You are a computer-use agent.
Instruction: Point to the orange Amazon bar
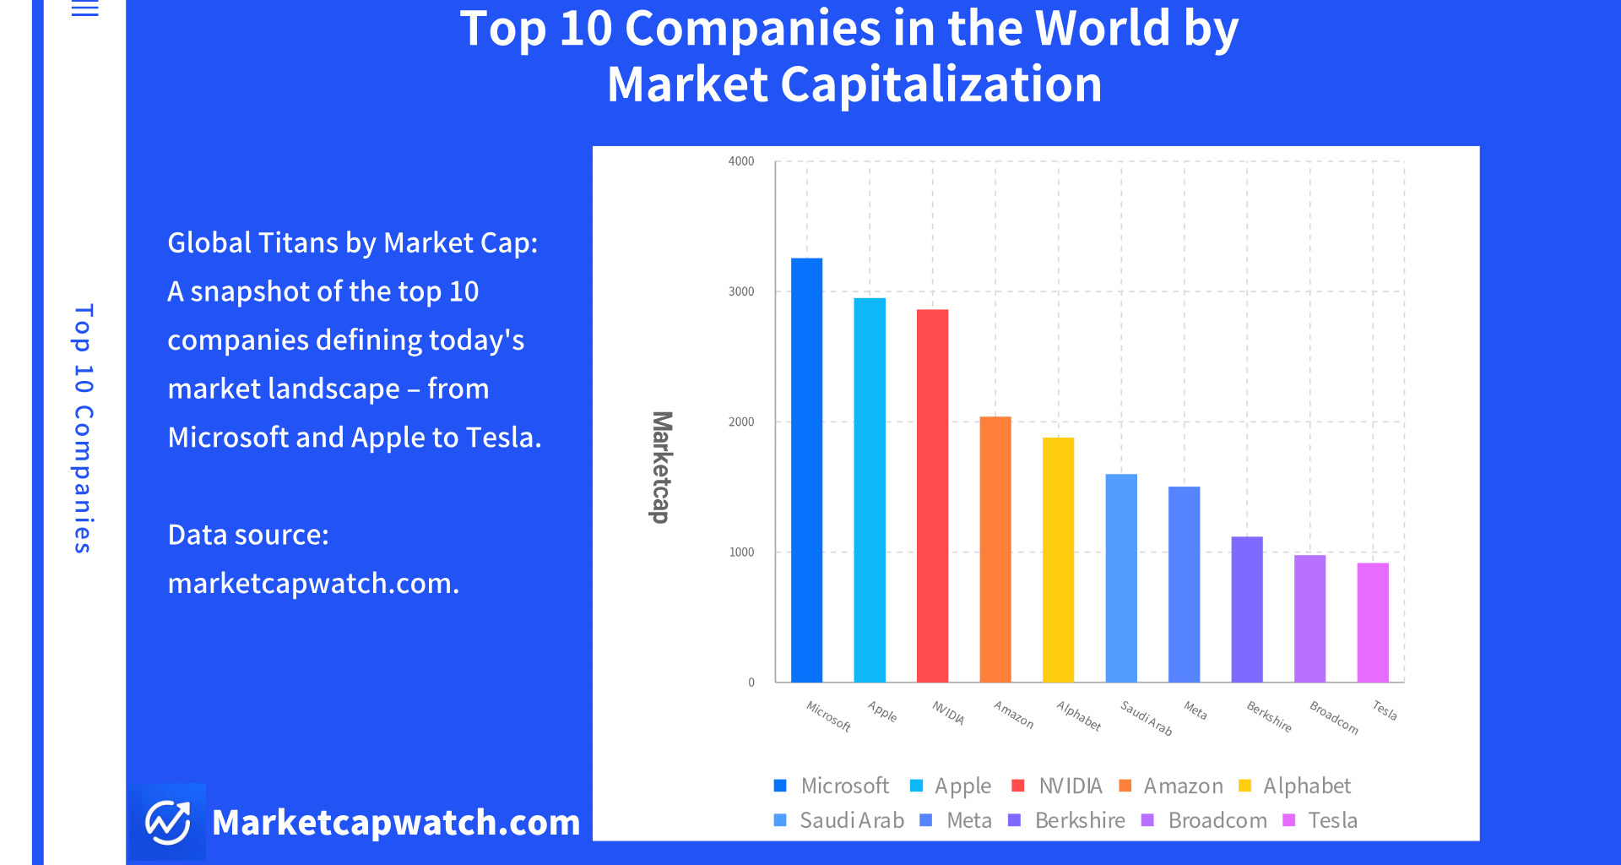pos(995,549)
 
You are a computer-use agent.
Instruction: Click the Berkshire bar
pos(1247,609)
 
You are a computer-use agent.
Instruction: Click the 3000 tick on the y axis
pos(741,291)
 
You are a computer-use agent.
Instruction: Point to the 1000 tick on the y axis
pos(741,552)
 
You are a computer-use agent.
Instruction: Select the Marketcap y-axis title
pos(662,467)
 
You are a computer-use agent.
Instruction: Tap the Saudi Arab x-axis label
pos(1147,717)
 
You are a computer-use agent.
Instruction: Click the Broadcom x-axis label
pos(1334,717)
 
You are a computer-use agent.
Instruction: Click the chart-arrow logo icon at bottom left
pos(168,822)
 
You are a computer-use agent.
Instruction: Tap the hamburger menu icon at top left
pos(84,8)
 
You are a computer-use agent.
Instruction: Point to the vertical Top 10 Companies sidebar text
pos(83,428)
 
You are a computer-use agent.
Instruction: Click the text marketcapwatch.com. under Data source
pos(313,584)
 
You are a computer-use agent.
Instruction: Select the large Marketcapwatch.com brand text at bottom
pos(396,823)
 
